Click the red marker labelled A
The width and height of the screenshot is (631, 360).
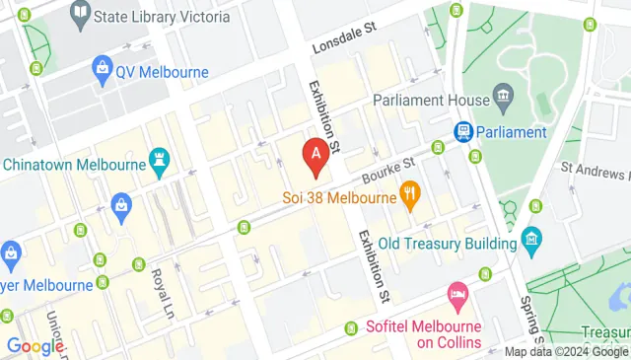(x=315, y=156)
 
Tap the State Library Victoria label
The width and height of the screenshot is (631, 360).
(x=164, y=17)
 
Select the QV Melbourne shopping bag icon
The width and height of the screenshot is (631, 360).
(x=100, y=69)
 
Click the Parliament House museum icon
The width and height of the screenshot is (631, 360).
(x=504, y=99)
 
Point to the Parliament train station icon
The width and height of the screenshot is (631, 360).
(x=461, y=132)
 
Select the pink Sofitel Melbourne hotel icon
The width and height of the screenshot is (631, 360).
(x=457, y=293)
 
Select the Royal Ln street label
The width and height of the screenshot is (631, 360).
(x=161, y=287)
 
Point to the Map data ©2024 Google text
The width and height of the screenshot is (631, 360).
(x=566, y=352)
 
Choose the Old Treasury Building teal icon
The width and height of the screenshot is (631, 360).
(x=532, y=238)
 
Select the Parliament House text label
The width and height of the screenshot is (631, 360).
(x=432, y=100)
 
